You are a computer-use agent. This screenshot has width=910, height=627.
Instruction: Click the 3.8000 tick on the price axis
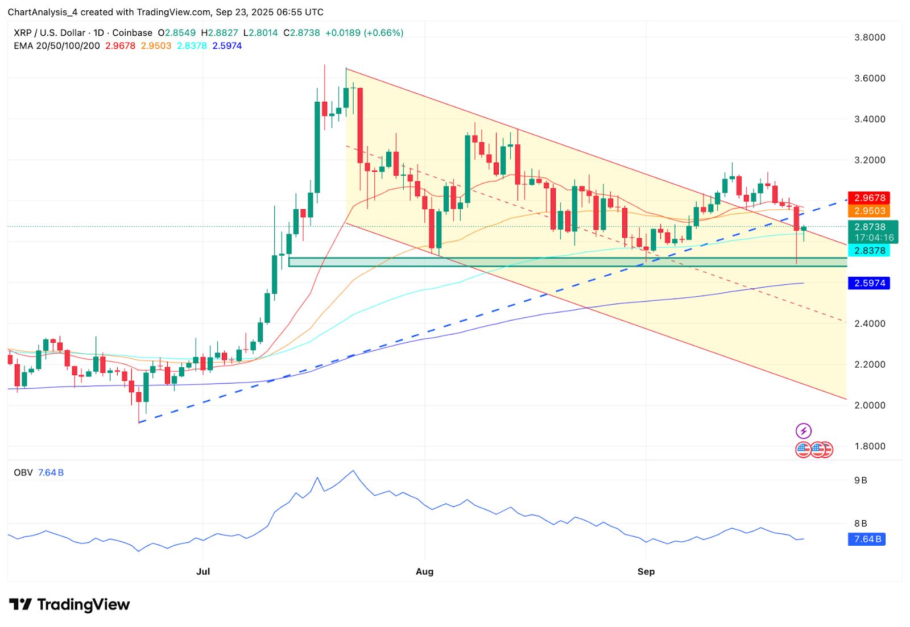870,38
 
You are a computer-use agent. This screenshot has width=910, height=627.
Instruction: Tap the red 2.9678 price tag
869,198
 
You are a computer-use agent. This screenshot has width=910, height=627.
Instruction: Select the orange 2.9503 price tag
869,211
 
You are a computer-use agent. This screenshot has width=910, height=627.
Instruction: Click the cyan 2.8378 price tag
869,251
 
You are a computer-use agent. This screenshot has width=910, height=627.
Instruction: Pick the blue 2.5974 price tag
869,283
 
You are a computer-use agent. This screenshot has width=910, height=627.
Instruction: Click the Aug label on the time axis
424,572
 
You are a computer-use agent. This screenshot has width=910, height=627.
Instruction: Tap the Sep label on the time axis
646,572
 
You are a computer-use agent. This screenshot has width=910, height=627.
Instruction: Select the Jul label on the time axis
203,572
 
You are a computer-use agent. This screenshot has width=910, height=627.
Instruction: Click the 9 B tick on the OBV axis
861,480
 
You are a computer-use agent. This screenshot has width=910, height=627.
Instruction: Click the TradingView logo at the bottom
69,604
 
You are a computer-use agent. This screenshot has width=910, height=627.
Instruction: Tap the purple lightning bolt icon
803,431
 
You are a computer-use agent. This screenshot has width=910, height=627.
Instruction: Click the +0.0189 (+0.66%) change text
364,33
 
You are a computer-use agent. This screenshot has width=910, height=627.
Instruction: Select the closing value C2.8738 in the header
301,33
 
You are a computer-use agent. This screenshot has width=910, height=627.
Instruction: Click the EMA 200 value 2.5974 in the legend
227,46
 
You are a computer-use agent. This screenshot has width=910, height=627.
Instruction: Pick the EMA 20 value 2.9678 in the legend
120,46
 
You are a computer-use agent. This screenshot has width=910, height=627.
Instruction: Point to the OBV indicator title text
23,472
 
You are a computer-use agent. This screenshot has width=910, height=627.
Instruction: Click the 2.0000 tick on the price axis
870,405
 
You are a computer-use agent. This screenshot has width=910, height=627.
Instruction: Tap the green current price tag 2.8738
870,227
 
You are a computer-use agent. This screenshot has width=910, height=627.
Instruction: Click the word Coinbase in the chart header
132,33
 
